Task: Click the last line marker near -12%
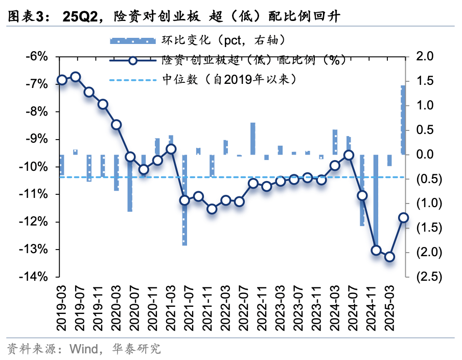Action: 403,218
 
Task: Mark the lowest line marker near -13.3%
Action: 389,257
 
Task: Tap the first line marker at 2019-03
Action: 62,80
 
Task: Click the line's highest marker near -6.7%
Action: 76,77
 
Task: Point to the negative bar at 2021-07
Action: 184,199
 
